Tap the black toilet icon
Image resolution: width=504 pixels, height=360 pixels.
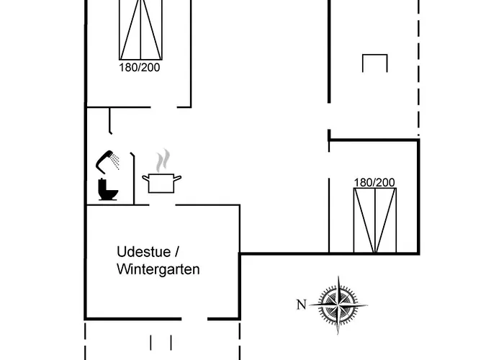pos(107,189)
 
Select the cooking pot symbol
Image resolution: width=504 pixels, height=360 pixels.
pos(162,183)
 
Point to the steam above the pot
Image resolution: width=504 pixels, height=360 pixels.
pos(165,159)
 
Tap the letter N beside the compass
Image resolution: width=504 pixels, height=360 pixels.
pos(301,305)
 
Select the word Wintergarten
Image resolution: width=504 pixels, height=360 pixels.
pos(158,269)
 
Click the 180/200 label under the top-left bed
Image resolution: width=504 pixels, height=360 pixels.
pos(140,67)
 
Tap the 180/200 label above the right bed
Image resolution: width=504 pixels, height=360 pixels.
pos(374,182)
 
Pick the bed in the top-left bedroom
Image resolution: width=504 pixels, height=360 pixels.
pos(140,29)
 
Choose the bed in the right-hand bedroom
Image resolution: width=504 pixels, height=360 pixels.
pos(374,220)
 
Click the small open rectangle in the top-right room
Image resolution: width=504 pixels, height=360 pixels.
pos(375,63)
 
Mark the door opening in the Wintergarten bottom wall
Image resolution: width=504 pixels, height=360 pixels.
pos(194,318)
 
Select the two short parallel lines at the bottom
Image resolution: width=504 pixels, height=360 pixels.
pos(161,342)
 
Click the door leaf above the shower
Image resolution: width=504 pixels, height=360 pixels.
pos(109,121)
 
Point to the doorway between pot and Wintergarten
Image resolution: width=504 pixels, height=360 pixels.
pos(162,205)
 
